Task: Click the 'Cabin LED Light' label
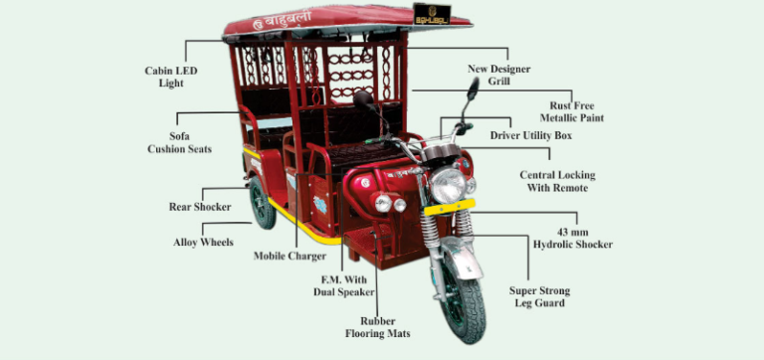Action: click(x=171, y=77)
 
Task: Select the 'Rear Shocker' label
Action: click(x=200, y=207)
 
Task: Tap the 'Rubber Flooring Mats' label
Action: click(x=377, y=327)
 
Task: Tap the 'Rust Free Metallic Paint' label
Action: click(x=592, y=110)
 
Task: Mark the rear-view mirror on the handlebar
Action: click(x=473, y=89)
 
